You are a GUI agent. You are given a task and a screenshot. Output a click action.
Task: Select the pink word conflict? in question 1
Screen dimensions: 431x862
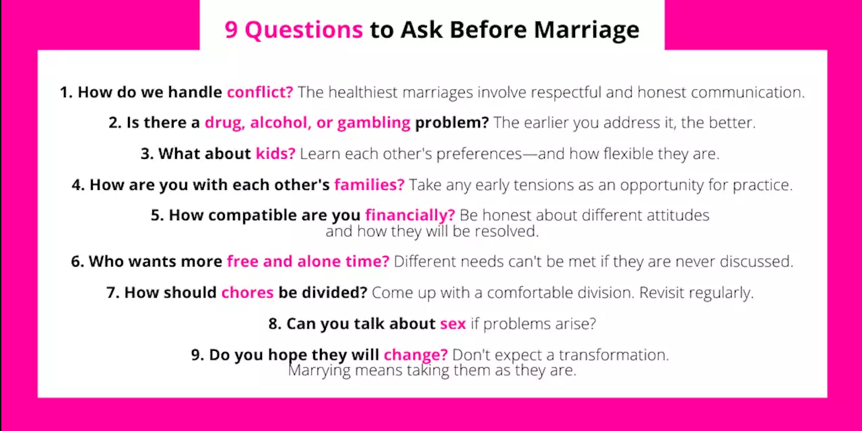(260, 92)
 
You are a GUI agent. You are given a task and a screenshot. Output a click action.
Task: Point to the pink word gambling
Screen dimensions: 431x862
(374, 123)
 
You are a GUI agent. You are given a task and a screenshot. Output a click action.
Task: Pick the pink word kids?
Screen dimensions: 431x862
(275, 154)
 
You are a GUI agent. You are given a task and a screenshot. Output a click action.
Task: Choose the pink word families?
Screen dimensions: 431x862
(369, 185)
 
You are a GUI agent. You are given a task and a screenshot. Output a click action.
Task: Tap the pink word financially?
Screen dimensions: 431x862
(410, 215)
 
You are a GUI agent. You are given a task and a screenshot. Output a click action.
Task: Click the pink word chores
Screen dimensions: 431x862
(247, 293)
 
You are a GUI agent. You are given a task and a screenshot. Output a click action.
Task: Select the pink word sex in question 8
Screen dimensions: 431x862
(453, 324)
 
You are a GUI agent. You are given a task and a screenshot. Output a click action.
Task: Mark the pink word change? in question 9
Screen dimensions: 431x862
(416, 355)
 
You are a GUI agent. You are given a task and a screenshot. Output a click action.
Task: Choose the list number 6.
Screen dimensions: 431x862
(77, 261)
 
